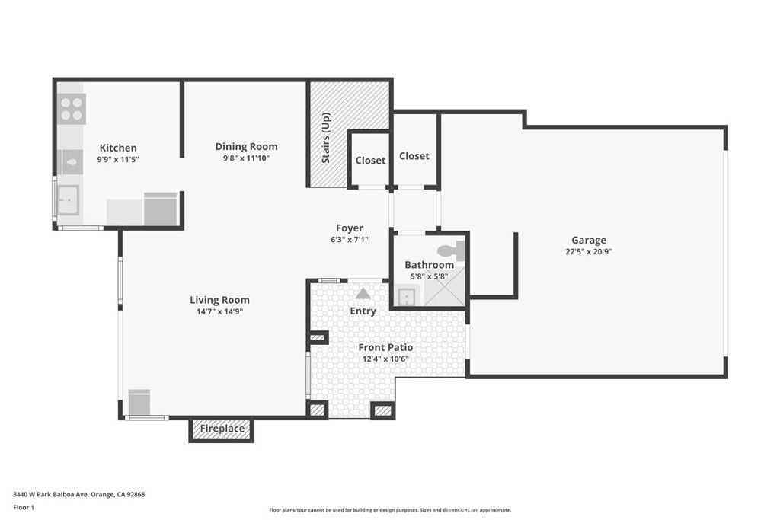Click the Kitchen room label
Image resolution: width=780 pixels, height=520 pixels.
pyautogui.click(x=118, y=148)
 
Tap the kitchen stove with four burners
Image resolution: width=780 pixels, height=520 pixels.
pyautogui.click(x=72, y=109)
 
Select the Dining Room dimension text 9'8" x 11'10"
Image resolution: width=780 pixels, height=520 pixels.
pyautogui.click(x=246, y=158)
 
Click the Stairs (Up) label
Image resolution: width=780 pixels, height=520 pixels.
pyautogui.click(x=326, y=138)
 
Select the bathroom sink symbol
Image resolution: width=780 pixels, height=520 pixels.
pyautogui.click(x=406, y=296)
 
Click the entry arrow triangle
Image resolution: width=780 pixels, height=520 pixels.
pyautogui.click(x=363, y=292)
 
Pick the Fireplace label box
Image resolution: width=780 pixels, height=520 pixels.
pyautogui.click(x=222, y=429)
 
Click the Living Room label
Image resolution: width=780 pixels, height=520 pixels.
pyautogui.click(x=219, y=300)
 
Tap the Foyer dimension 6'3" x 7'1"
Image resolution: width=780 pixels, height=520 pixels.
pyautogui.click(x=350, y=240)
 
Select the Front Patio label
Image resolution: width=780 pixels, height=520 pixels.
pyautogui.click(x=385, y=347)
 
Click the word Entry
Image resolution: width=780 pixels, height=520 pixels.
pyautogui.click(x=363, y=311)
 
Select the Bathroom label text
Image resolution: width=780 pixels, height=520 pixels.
pyautogui.click(x=429, y=265)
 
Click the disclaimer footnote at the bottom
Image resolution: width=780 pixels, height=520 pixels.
pyautogui.click(x=389, y=510)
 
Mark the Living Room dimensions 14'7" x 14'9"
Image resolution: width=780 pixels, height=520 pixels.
pyautogui.click(x=219, y=311)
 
